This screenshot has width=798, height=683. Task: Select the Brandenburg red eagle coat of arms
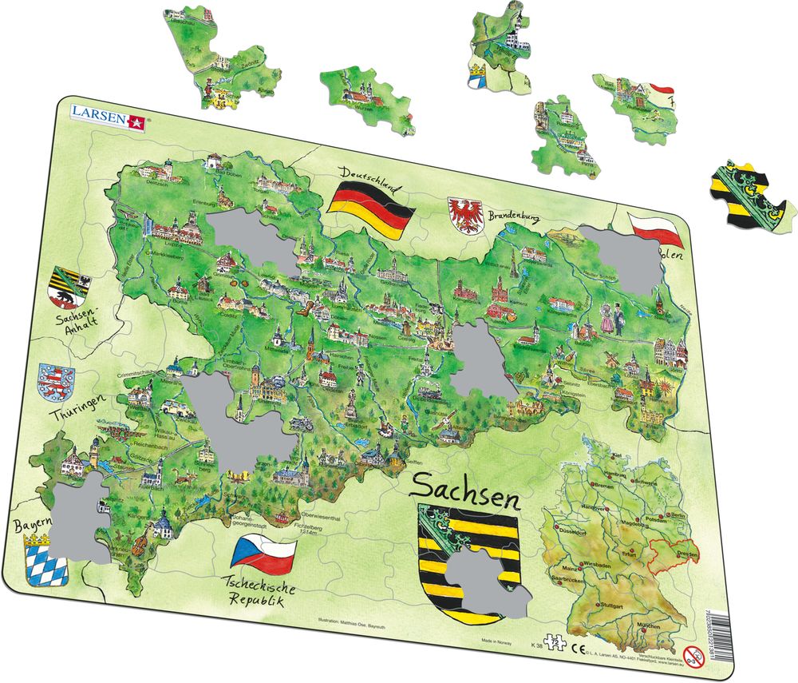click(467, 215)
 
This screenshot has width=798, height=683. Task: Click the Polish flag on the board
click(654, 230)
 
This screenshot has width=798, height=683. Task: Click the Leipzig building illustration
click(176, 232)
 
